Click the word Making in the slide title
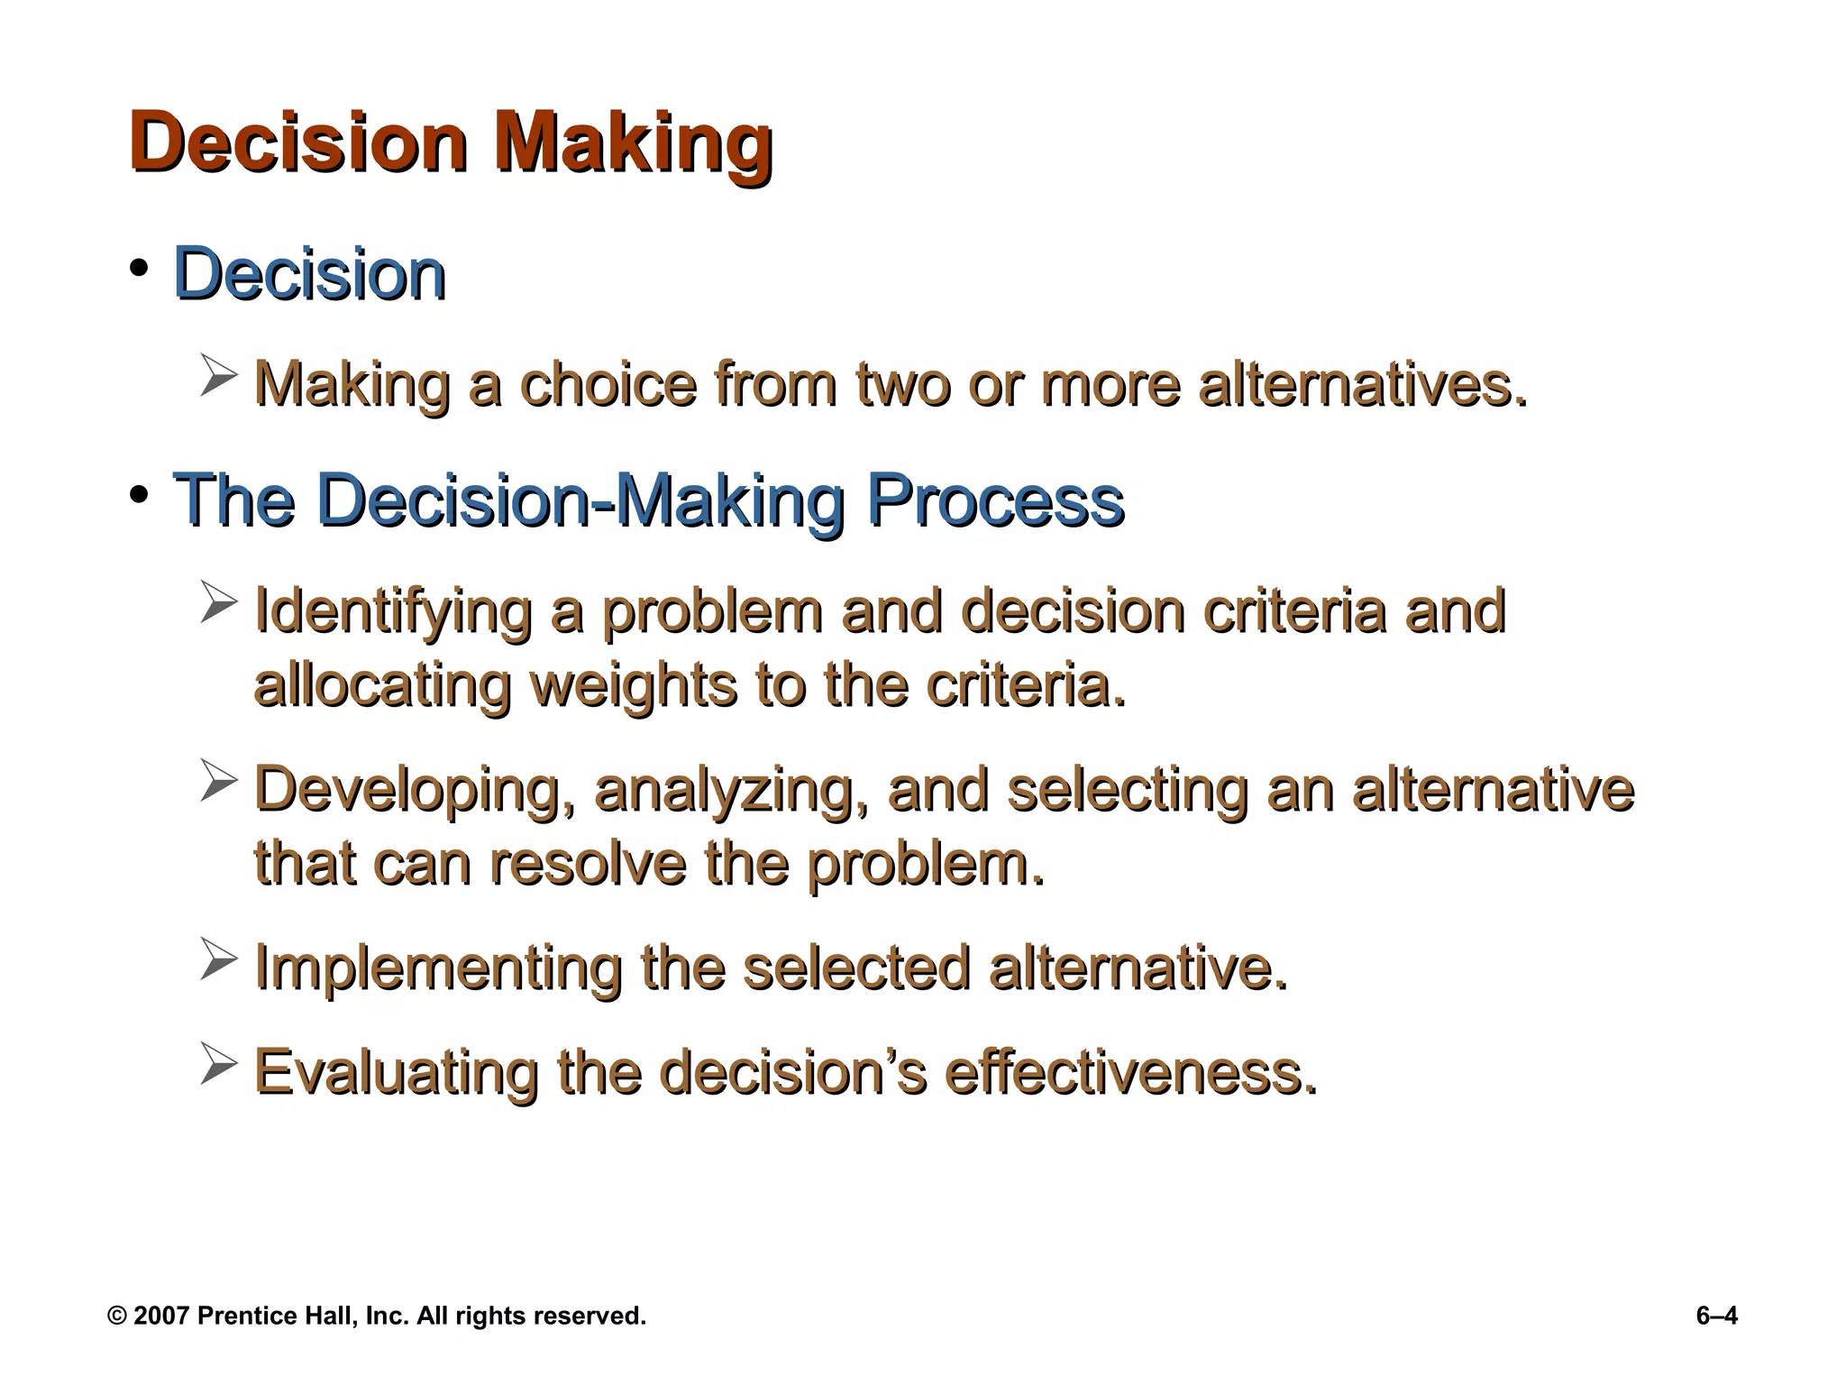click(x=633, y=144)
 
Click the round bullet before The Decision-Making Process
click(x=138, y=495)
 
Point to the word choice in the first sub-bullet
click(x=608, y=385)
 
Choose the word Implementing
click(x=438, y=968)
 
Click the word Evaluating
click(x=397, y=1072)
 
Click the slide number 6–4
click(x=1716, y=1316)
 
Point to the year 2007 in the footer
click(x=160, y=1316)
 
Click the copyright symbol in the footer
click(x=117, y=1316)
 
